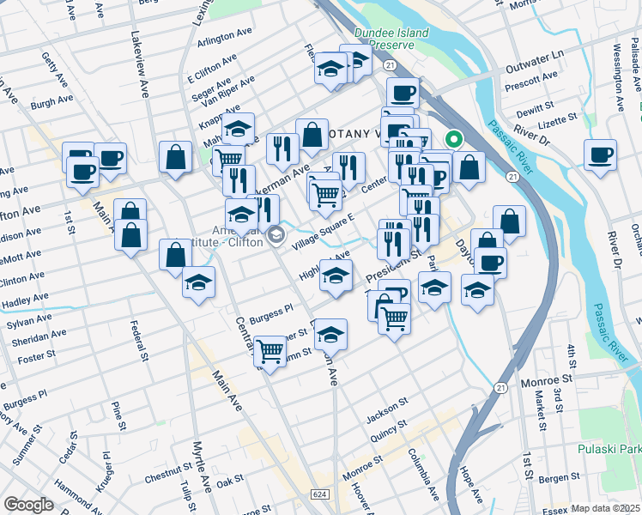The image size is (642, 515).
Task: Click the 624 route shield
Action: point(320,494)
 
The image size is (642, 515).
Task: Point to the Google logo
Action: point(28,505)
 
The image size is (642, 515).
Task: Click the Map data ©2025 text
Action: point(605,508)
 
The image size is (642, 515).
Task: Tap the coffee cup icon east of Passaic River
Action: point(600,155)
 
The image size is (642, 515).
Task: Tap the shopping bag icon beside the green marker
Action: point(470,168)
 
